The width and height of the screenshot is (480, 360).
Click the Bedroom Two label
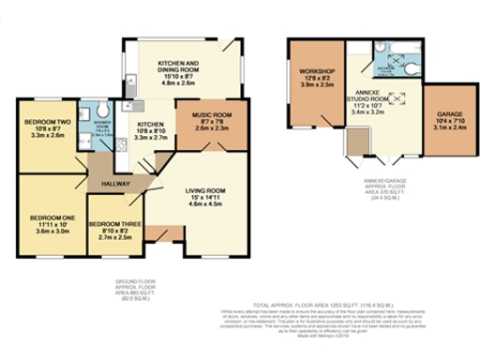coord(44,122)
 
